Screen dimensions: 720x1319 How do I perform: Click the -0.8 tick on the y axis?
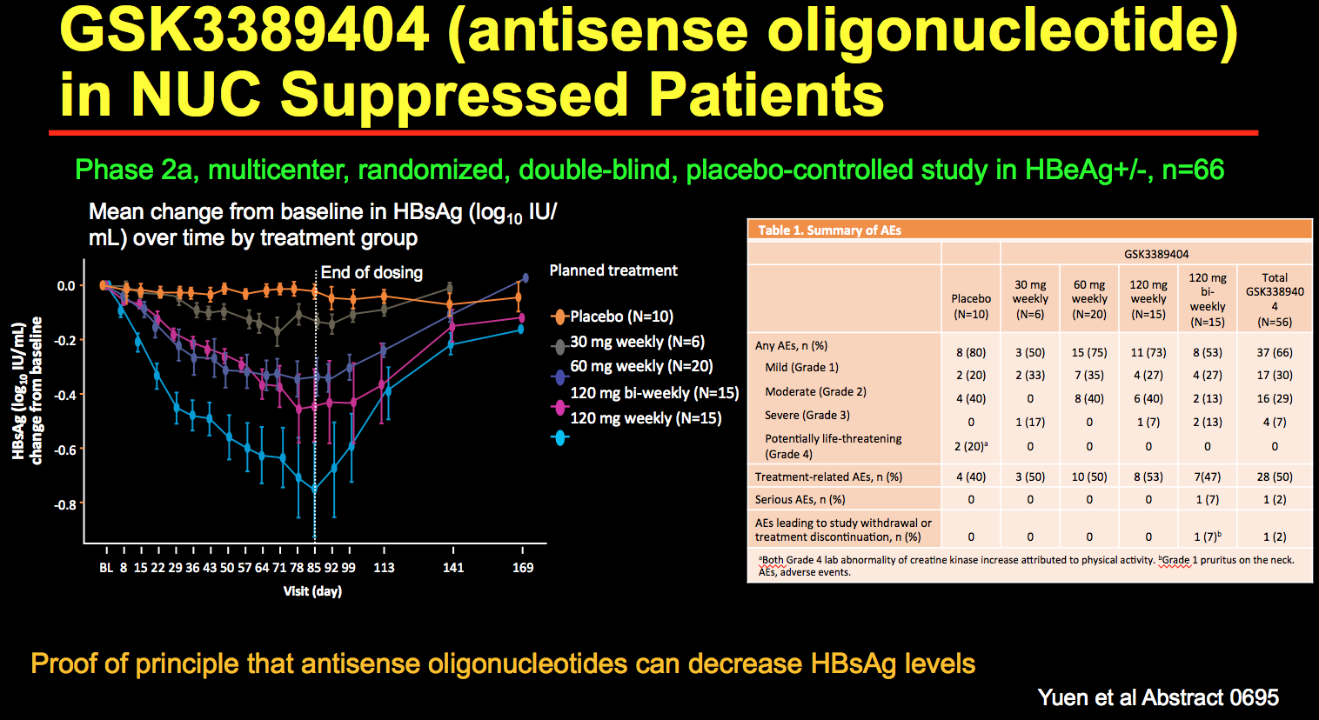65,504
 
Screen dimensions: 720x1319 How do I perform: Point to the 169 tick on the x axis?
523,568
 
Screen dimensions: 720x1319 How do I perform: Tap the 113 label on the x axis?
384,568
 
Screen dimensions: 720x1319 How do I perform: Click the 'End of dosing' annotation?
372,272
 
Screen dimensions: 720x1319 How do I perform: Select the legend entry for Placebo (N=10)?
621,317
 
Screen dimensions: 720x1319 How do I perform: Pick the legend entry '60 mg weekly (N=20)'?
641,367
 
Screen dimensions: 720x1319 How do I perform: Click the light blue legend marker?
560,438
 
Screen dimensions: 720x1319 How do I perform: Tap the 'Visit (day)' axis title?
312,591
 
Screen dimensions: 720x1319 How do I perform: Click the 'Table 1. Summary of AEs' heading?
829,230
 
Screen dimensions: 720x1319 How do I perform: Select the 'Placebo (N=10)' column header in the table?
971,306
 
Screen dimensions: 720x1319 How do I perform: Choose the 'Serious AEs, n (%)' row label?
800,500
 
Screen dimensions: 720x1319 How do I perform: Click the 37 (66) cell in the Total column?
1275,352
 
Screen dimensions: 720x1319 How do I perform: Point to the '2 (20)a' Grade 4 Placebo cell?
971,446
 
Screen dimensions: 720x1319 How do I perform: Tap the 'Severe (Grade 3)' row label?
807,415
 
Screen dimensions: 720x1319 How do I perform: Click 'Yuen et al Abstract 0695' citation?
1158,697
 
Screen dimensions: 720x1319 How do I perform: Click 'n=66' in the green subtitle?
1193,170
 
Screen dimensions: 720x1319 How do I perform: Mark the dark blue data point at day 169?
525,278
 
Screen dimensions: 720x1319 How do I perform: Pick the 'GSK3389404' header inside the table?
1156,254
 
